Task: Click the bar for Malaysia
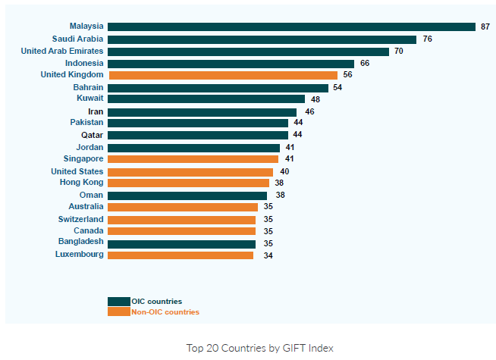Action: (x=291, y=27)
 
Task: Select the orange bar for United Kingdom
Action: (x=223, y=75)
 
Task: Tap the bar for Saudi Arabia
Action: (x=262, y=39)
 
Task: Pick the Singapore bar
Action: (x=193, y=159)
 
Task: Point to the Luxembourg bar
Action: (x=181, y=255)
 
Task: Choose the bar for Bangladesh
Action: (x=182, y=244)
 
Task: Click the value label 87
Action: (x=485, y=27)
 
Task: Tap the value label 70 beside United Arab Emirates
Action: (x=399, y=52)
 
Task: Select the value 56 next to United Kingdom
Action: (x=348, y=75)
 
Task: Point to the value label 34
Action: (x=268, y=256)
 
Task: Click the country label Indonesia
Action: (x=84, y=63)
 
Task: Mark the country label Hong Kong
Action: (x=82, y=183)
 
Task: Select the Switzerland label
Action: (x=80, y=219)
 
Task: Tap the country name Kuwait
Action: (x=90, y=99)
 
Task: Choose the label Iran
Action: (x=96, y=111)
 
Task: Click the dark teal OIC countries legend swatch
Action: (x=118, y=302)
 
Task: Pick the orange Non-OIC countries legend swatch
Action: (x=118, y=311)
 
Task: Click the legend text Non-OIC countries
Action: (x=165, y=312)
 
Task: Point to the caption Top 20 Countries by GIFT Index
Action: (x=259, y=348)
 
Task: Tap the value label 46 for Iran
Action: (x=309, y=112)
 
